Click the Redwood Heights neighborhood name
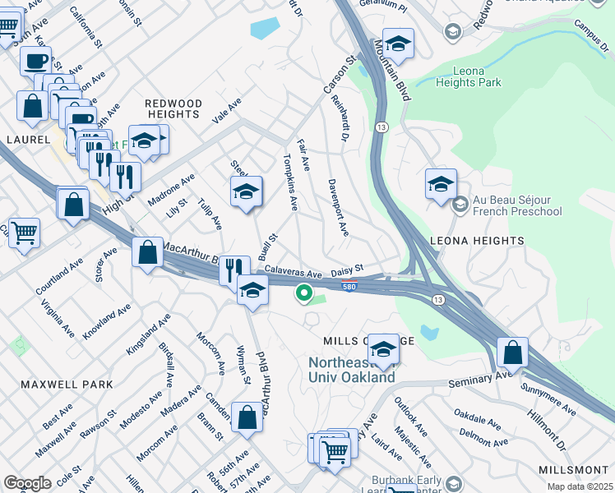tap(173, 110)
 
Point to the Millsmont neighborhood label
tap(574, 469)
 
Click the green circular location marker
tap(303, 292)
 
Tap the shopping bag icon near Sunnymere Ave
tap(512, 352)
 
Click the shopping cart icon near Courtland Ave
tap(23, 233)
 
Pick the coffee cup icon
tap(35, 60)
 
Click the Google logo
tap(27, 482)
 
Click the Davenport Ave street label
tap(338, 207)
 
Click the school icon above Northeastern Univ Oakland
tap(383, 348)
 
